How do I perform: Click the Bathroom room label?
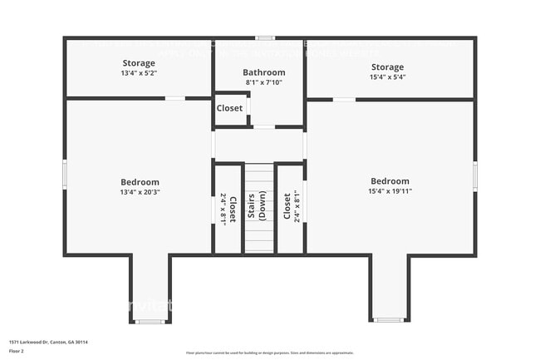264,72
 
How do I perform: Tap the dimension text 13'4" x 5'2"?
140,73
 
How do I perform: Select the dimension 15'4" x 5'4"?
387,77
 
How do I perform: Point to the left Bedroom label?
140,182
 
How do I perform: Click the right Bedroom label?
390,181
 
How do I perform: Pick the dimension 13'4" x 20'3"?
140,192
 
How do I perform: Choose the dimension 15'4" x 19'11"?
390,191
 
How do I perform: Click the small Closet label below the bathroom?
230,108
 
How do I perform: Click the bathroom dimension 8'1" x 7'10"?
264,82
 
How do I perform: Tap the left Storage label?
140,63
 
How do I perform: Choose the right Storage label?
387,67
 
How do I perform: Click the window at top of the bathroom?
265,37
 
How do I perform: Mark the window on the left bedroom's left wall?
65,175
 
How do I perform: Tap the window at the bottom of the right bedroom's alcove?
388,320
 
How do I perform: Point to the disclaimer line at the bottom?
269,352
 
